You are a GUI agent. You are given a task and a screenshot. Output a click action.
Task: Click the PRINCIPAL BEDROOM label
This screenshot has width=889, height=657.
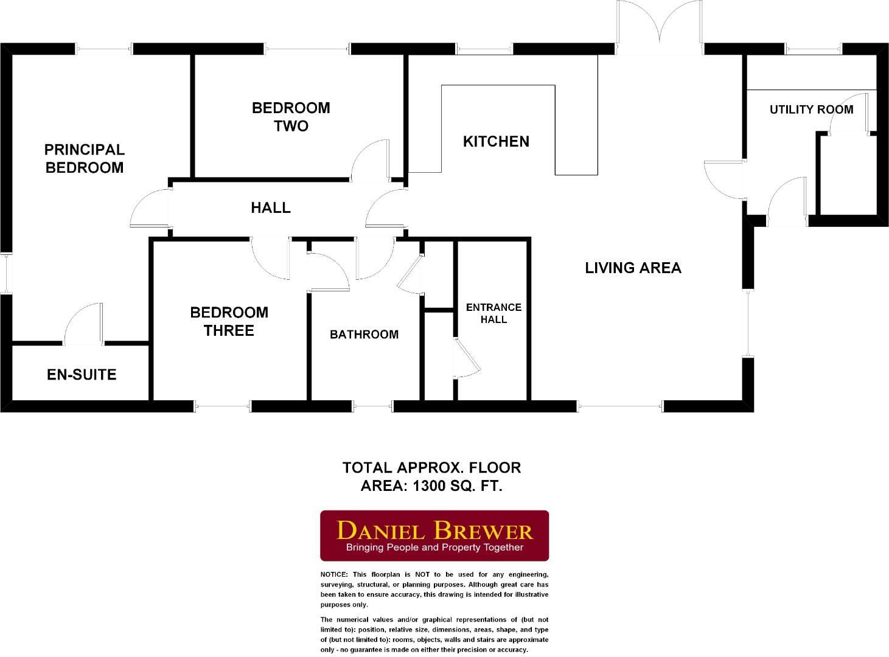tap(85, 159)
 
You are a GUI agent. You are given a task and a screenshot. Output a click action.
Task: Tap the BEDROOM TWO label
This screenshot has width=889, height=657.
tap(291, 117)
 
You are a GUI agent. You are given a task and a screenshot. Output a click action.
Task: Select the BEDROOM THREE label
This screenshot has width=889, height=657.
tap(229, 321)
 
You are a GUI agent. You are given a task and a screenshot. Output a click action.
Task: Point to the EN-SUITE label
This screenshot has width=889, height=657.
tap(82, 375)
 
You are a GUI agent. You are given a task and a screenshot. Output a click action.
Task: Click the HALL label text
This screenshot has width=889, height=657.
tap(271, 208)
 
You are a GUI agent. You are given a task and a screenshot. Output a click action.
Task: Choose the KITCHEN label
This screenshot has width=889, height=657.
tap(496, 142)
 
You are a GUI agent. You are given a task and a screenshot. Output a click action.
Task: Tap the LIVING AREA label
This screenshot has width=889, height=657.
tap(633, 268)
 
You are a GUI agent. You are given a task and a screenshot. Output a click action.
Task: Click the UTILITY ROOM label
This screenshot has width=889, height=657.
tap(811, 110)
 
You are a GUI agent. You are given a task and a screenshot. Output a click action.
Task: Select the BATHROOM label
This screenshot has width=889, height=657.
tap(364, 335)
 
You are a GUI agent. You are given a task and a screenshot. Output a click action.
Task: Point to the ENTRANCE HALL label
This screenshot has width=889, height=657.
tap(493, 313)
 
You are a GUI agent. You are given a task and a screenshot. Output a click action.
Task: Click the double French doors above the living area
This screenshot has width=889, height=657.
tap(660, 24)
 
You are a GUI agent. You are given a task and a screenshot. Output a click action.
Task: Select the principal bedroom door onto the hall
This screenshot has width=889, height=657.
tap(149, 208)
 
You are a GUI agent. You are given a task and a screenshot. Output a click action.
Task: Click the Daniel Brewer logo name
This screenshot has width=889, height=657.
tap(434, 530)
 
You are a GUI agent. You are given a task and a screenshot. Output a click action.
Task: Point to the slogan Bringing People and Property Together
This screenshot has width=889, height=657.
tap(434, 547)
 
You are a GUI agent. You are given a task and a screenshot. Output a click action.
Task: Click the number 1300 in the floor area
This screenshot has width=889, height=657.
tap(431, 486)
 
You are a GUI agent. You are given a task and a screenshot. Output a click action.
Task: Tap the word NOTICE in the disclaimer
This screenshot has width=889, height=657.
tap(334, 574)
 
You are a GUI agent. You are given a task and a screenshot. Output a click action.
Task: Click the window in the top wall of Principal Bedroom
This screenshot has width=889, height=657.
tap(108, 49)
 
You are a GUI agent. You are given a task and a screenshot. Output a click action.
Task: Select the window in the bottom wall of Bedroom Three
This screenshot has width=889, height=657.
tap(223, 406)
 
